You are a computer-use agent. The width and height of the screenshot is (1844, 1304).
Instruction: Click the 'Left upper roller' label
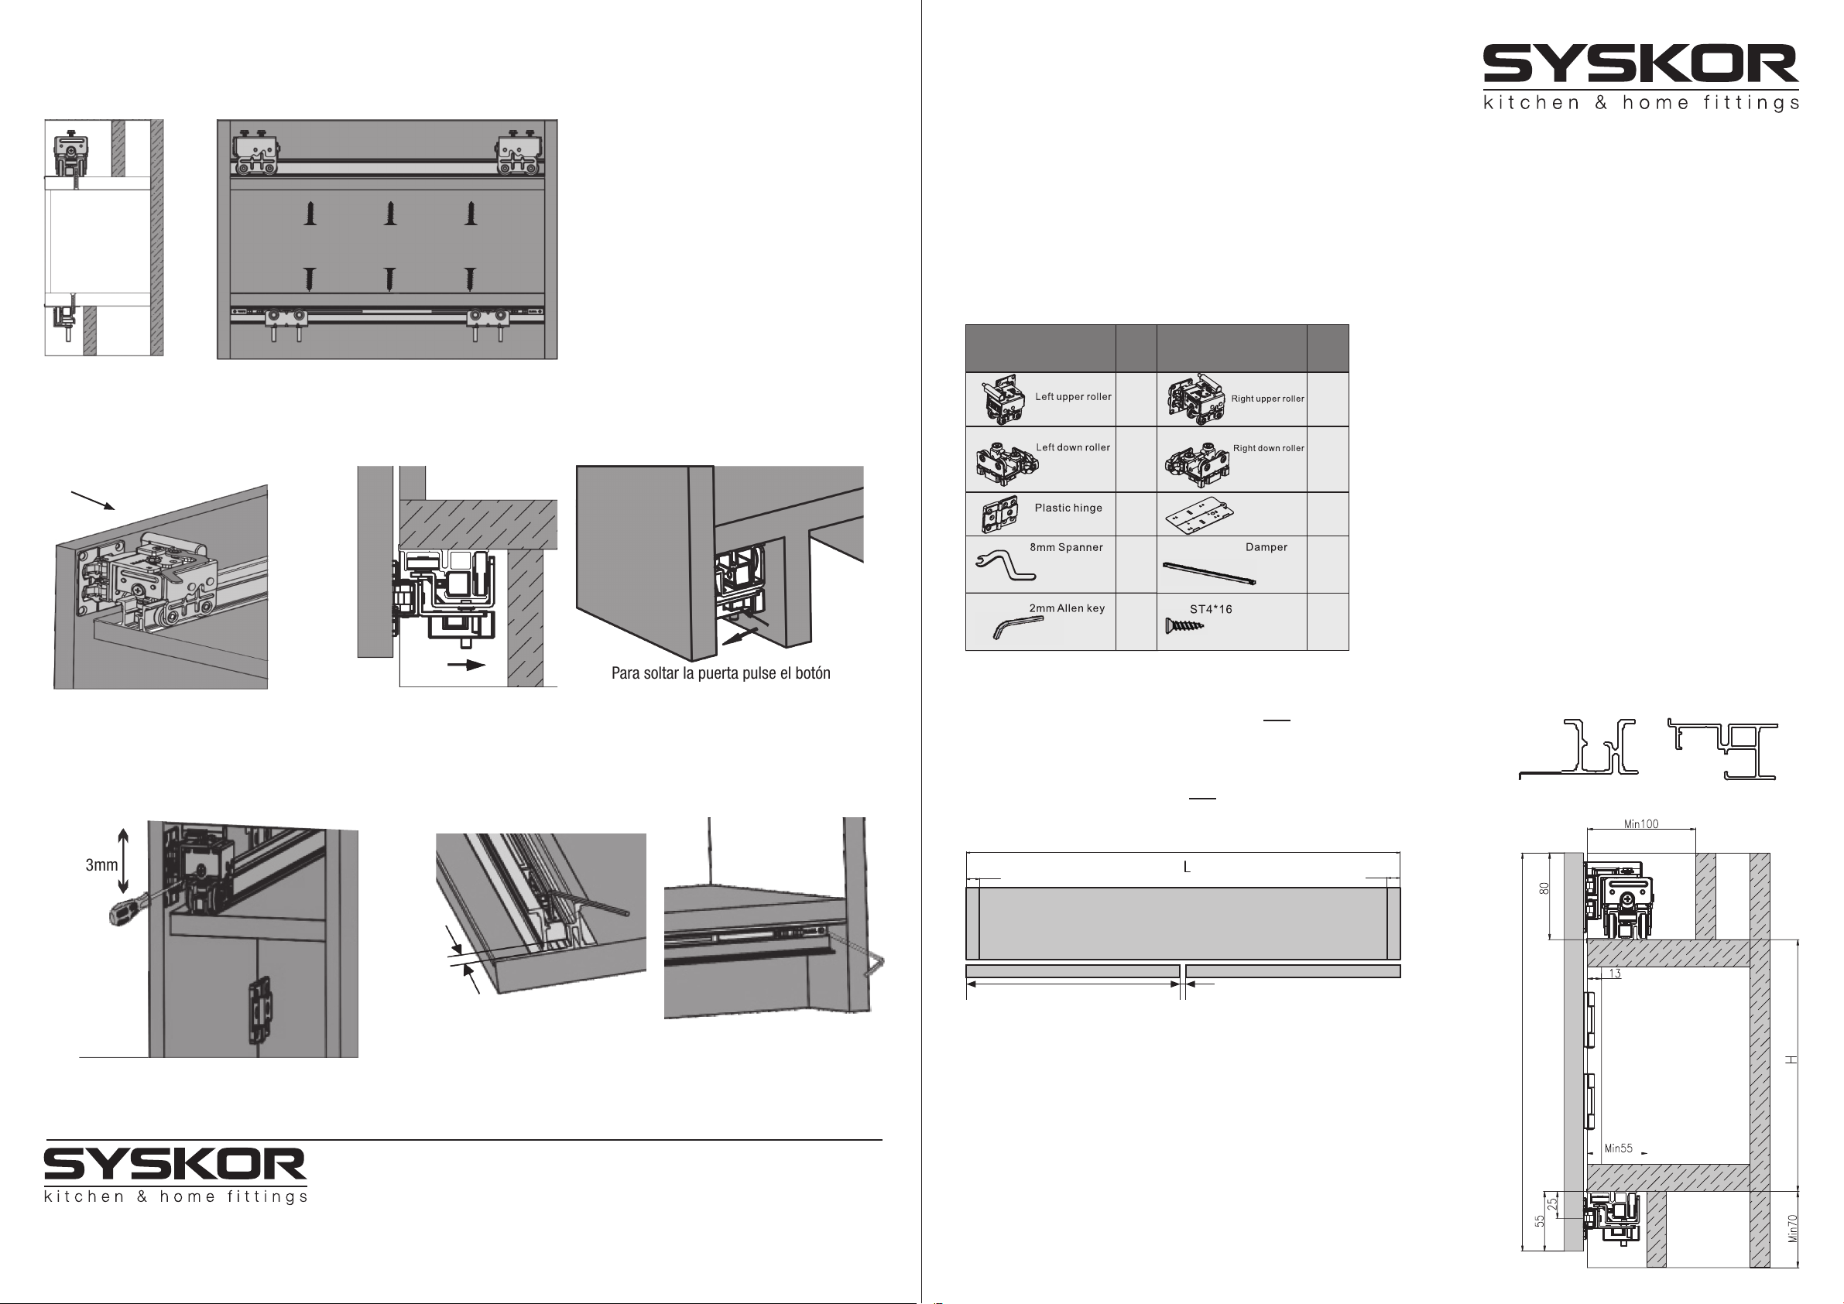(x=1072, y=397)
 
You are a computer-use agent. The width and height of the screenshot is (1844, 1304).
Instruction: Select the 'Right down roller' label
(x=1268, y=448)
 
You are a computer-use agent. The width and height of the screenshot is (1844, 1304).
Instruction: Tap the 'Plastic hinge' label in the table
(x=1068, y=508)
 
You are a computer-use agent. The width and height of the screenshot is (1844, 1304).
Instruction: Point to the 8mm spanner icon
(x=1005, y=565)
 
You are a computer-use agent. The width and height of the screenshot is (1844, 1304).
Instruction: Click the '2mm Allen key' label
(x=1067, y=608)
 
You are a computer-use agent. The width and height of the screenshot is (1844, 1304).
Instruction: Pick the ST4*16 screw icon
(x=1183, y=625)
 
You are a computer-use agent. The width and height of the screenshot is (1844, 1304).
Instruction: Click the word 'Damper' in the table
(x=1266, y=547)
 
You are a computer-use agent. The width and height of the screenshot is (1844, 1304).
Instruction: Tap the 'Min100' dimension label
(x=1641, y=824)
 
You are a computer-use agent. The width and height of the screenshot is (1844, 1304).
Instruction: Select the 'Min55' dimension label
(x=1618, y=1148)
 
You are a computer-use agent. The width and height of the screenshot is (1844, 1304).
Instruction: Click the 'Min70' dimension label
(x=1794, y=1227)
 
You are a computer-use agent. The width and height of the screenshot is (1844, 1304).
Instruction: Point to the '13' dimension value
(x=1614, y=974)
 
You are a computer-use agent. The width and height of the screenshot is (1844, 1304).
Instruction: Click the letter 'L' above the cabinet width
(x=1186, y=868)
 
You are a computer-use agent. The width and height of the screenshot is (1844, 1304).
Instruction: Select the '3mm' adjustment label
(x=101, y=864)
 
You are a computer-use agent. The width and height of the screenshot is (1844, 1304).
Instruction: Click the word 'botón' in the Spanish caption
(x=812, y=673)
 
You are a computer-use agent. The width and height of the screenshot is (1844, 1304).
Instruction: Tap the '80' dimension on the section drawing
(x=1544, y=889)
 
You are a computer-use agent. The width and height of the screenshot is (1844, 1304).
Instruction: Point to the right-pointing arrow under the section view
(x=466, y=665)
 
